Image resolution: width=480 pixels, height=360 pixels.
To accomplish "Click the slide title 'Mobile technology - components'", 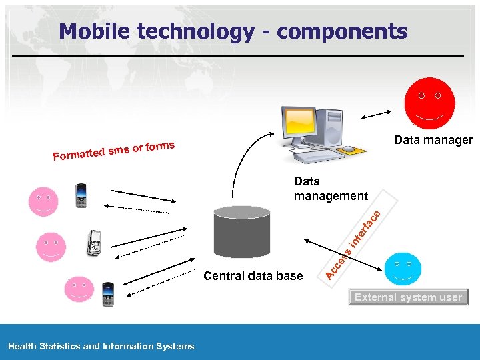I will pos(232,31).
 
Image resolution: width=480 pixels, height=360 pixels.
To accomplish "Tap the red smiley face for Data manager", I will pos(429,103).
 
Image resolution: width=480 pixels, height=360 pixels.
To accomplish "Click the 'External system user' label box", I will pos(408,297).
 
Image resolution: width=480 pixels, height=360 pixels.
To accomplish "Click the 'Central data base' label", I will pos(253,276).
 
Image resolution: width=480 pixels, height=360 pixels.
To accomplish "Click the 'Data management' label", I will pos(330,189).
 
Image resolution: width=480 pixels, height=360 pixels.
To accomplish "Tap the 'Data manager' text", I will pos(433,140).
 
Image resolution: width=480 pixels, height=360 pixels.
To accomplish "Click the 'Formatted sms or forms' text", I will pos(114,151).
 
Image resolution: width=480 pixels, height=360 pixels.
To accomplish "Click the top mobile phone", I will pos(81,195).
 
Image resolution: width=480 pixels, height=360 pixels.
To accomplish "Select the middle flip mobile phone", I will pos(95,243).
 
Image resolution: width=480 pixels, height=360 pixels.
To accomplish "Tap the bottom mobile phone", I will pos(107,293).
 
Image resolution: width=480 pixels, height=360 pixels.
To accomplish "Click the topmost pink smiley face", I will pos(43,202).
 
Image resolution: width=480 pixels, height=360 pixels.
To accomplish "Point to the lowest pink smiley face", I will pos(79,290).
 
